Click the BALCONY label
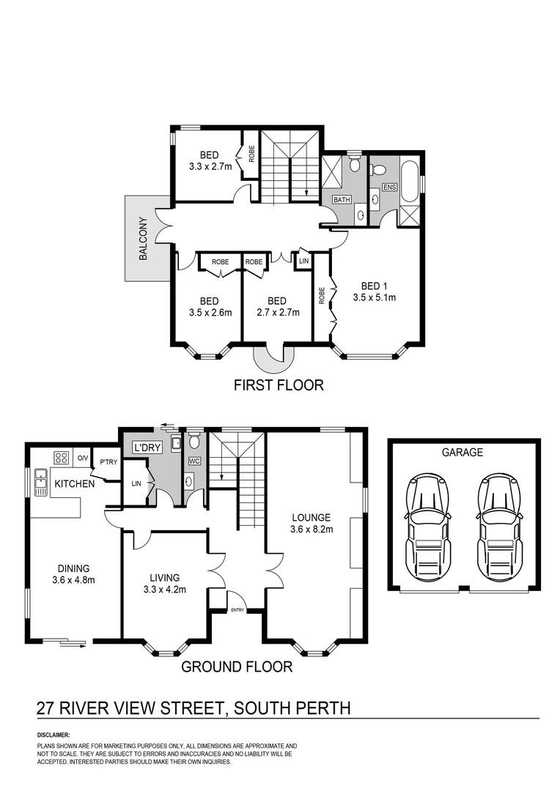(x=144, y=239)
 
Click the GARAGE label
(x=462, y=453)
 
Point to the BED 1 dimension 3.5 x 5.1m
(x=375, y=298)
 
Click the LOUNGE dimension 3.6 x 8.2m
(x=312, y=530)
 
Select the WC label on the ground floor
(x=194, y=461)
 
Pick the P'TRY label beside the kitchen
(x=108, y=462)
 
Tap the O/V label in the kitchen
(x=83, y=458)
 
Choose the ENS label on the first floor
(x=388, y=187)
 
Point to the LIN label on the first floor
(x=303, y=261)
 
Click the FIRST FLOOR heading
(x=278, y=385)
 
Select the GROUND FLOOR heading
(x=237, y=666)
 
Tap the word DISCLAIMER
(x=53, y=734)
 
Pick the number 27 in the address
(x=48, y=708)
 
